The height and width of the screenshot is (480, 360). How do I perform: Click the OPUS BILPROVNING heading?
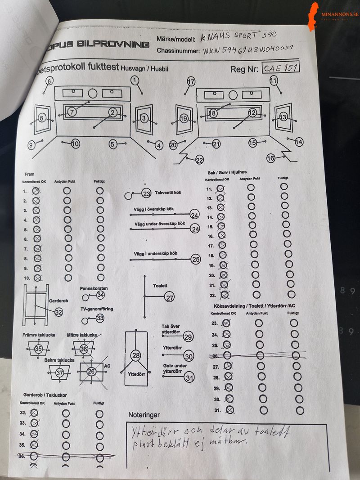click(x=115, y=44)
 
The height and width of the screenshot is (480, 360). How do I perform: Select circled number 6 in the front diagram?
click(x=49, y=81)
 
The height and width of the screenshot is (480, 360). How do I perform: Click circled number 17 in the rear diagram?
click(x=192, y=81)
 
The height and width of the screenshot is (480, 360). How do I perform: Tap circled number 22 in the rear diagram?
click(x=200, y=160)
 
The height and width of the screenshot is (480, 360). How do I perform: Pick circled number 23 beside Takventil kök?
click(x=146, y=193)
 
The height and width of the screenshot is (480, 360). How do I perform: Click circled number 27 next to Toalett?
click(x=170, y=297)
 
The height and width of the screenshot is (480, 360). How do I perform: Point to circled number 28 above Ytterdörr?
click(x=136, y=355)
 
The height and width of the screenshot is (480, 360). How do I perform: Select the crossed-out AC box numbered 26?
click(x=91, y=372)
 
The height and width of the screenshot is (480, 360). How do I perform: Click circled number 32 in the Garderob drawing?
click(x=59, y=312)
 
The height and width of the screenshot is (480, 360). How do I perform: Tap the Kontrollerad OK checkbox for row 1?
click(x=36, y=191)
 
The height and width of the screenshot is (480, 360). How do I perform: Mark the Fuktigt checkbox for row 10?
click(x=100, y=278)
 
